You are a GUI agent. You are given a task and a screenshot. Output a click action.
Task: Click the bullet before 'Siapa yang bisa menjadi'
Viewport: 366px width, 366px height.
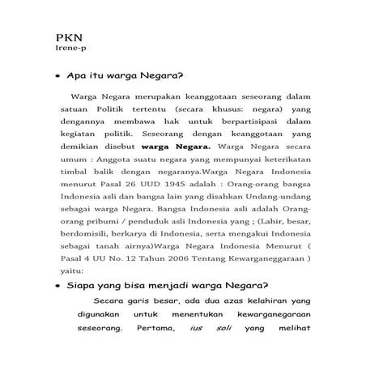[x=57, y=285]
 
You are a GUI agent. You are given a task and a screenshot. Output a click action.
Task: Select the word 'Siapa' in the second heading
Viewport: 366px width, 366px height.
[x=83, y=285]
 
